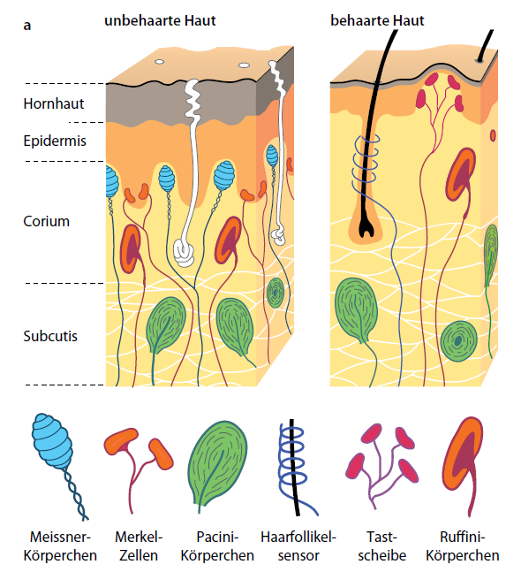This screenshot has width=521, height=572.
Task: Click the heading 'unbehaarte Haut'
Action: pos(160,20)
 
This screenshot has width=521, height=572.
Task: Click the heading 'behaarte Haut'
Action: pos(377,20)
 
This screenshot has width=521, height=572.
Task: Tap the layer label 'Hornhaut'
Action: pos(54,104)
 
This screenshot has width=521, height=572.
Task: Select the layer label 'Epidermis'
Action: pos(55,141)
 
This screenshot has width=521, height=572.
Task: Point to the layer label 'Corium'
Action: pos(46,221)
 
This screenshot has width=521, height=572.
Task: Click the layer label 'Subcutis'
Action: pos(50,336)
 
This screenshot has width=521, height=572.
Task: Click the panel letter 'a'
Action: pos(27,27)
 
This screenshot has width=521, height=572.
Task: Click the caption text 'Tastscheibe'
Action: pos(381,546)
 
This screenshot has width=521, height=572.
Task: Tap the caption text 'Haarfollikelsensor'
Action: pos(298,546)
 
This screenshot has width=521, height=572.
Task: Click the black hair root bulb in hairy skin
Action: pos(366,228)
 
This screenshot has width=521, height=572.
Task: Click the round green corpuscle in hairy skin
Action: pos(458,341)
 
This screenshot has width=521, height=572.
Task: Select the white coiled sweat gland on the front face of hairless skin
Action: pos(185,253)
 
